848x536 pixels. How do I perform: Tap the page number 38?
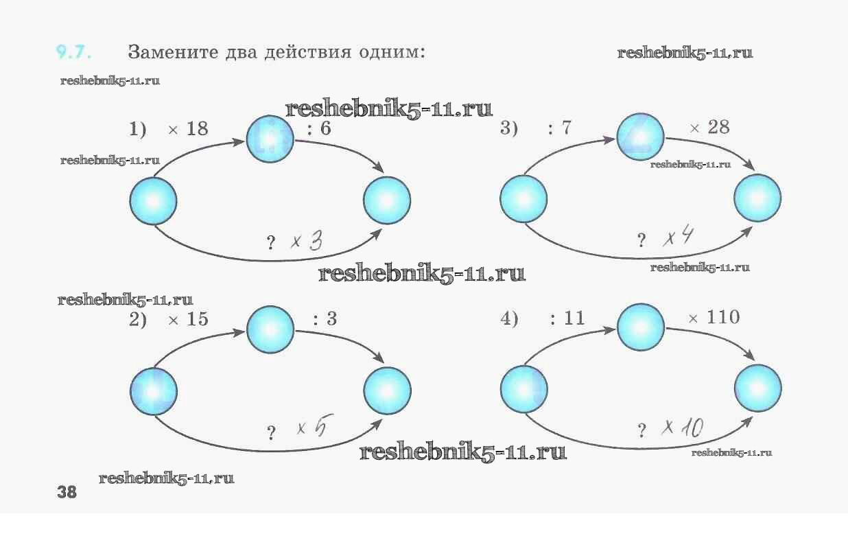coord(67,492)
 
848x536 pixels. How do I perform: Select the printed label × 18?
coord(188,129)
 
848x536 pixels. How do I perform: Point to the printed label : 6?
coord(320,129)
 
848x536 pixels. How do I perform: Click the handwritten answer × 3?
coord(306,242)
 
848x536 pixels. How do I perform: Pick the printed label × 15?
coord(188,320)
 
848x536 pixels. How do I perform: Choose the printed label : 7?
coord(560,129)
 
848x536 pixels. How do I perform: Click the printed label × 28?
coord(709,128)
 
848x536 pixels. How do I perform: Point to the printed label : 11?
coord(567,320)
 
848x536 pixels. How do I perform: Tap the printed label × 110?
coord(714,318)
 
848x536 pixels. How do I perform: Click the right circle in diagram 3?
coord(757,199)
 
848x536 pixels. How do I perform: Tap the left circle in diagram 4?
coord(523,388)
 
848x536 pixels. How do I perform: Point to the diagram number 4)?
coord(509,320)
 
